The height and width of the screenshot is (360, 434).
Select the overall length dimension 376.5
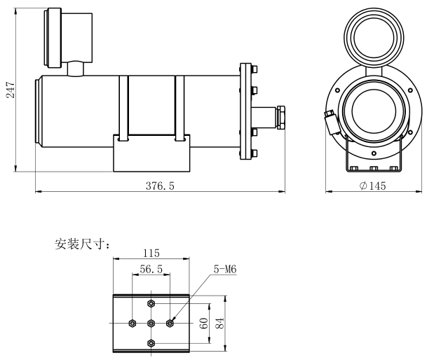161,186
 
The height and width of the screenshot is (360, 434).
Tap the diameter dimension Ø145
373,186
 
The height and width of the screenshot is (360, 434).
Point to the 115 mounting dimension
151,253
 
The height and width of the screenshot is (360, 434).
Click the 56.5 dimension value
150,269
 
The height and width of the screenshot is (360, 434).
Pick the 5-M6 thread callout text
224,269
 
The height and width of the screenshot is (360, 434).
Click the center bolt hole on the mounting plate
151,323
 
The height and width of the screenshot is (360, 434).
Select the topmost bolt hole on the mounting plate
151,303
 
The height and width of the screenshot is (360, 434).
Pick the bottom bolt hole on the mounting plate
151,342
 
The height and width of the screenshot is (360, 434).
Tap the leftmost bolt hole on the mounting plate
133,323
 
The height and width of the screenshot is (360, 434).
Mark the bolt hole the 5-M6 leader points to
170,323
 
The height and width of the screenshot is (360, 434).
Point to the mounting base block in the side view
151,153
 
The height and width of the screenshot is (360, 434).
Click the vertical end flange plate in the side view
245,112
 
